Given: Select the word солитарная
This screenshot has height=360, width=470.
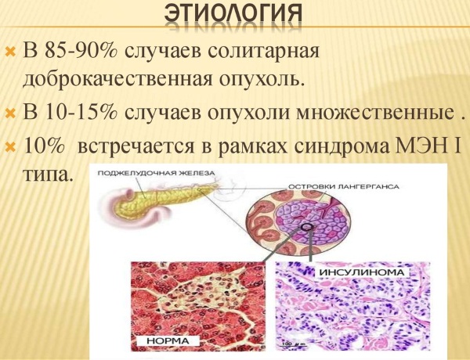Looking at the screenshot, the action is (222, 52).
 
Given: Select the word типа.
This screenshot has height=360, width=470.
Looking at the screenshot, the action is (48, 175).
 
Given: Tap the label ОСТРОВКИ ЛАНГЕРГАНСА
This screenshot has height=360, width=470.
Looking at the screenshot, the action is (344, 186).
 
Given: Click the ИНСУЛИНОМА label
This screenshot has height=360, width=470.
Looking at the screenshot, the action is (361, 272).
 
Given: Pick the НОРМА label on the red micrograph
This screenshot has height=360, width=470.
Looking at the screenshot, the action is (168, 341).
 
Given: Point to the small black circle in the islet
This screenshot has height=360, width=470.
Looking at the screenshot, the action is (306, 227).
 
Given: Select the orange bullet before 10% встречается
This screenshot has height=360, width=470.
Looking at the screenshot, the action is (10, 147).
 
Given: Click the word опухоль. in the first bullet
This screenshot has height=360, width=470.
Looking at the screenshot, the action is (259, 80).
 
